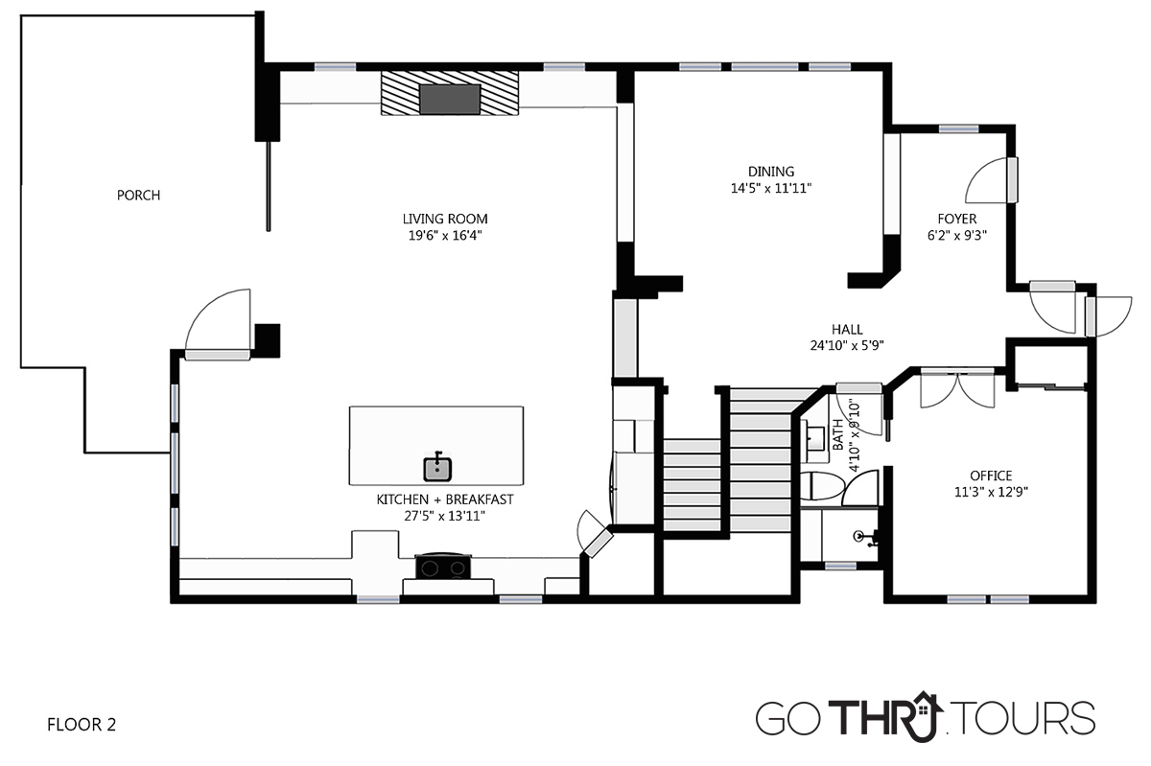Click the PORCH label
(139, 196)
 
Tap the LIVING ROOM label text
(445, 219)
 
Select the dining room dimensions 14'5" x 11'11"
(771, 188)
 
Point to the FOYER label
(957, 219)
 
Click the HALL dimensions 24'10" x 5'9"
(847, 345)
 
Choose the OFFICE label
(991, 476)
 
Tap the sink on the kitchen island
(437, 469)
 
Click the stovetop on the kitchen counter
(443, 567)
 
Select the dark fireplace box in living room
(450, 100)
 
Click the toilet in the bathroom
(823, 486)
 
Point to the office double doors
(957, 388)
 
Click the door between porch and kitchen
(219, 325)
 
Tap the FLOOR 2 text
(82, 725)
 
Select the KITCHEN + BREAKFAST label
(445, 499)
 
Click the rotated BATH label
(837, 434)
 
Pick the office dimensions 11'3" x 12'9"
(991, 492)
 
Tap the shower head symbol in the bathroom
(866, 538)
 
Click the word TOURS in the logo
(1025, 718)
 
